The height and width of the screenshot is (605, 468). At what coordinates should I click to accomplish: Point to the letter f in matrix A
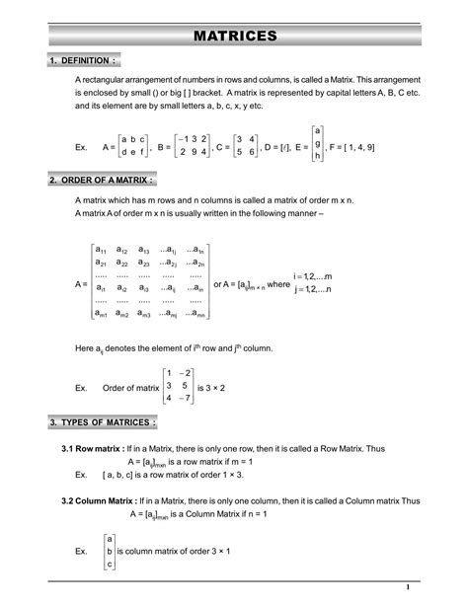tap(144, 153)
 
